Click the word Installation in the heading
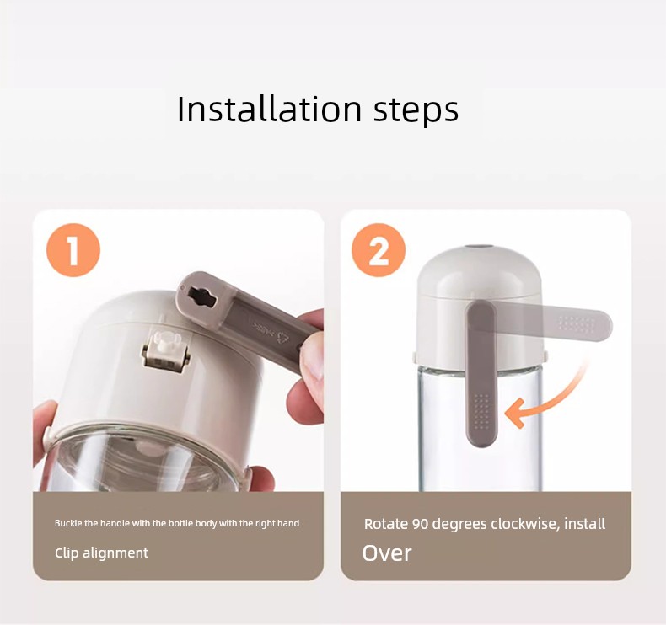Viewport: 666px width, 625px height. point(269,109)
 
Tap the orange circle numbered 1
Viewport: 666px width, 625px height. point(73,250)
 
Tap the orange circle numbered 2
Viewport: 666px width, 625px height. point(379,250)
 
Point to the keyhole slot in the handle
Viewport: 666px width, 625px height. point(202,296)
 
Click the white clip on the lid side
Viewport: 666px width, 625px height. point(165,351)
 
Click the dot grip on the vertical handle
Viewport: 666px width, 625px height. point(481,411)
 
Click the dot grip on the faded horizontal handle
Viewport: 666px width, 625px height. point(577,324)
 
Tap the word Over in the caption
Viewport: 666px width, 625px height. point(387,553)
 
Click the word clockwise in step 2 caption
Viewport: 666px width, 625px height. point(525,524)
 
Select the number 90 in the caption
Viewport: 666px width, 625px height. point(421,525)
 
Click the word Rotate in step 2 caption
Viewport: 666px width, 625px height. point(386,524)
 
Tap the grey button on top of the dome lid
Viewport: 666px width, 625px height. point(479,247)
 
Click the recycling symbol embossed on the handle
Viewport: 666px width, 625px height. point(283,337)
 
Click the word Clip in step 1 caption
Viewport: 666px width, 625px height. point(67,553)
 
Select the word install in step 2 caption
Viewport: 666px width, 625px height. point(585,524)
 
